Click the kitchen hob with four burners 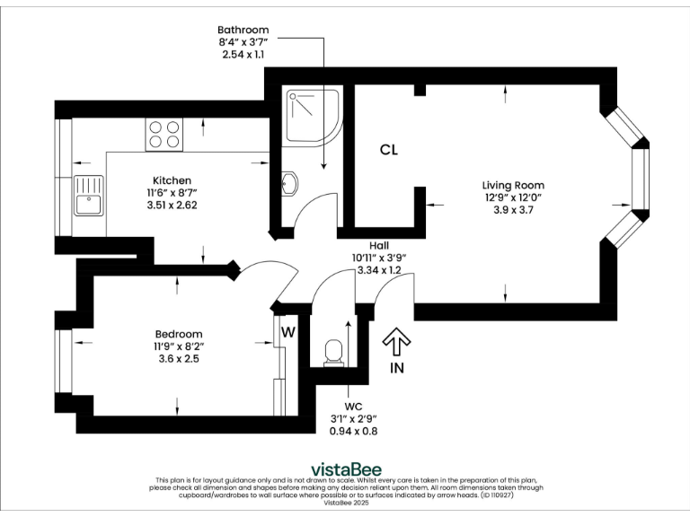[164, 135]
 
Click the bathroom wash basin [289, 183]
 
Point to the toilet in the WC [333, 351]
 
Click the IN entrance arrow [396, 349]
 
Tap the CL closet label [388, 150]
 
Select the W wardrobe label [288, 332]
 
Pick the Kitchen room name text [172, 180]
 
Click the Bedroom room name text [178, 333]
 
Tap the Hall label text [379, 244]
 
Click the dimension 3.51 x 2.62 [172, 205]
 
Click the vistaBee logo [344, 469]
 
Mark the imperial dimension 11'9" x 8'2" [178, 346]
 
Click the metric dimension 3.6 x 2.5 [178, 358]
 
